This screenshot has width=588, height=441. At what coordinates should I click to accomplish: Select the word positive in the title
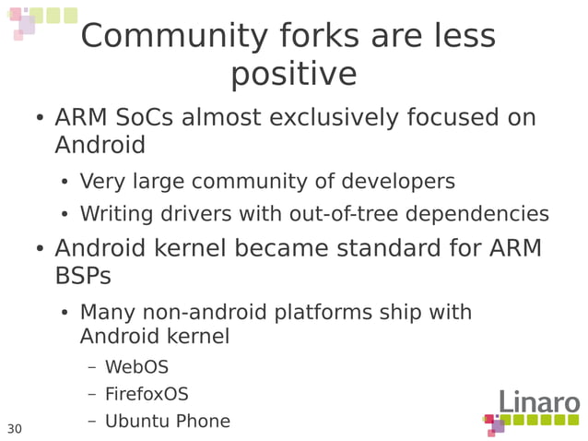293,74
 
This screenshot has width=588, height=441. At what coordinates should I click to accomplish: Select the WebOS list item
136,367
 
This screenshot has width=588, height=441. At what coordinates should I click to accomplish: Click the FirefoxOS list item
147,394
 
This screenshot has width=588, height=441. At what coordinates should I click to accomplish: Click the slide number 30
15,429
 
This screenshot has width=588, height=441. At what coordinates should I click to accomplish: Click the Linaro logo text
539,403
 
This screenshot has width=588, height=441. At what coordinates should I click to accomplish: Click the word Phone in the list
204,421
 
